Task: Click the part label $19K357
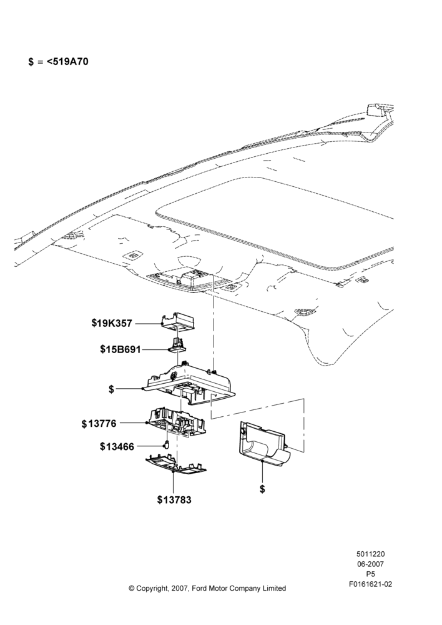(112, 323)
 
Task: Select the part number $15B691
(120, 349)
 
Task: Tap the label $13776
(99, 423)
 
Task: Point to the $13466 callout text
(117, 446)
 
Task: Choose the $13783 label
(174, 499)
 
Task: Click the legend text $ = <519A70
(59, 61)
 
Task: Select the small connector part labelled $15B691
(177, 344)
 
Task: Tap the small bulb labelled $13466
(167, 444)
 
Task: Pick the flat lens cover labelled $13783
(175, 465)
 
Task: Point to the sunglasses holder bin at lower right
(265, 443)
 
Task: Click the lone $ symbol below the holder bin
(262, 489)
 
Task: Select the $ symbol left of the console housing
(112, 389)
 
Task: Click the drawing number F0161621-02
(370, 584)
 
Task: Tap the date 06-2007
(370, 564)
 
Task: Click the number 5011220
(370, 554)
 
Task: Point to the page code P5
(370, 574)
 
